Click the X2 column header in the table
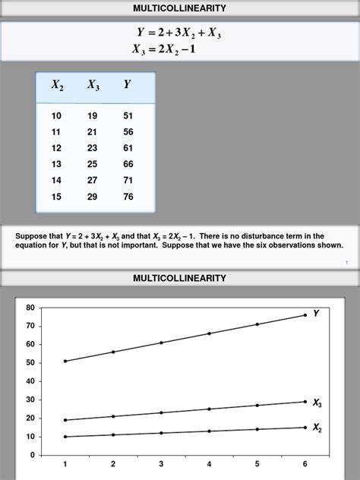pos(58,86)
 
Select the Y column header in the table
pos(128,85)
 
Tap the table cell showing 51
pos(128,116)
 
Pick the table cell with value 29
pos(93,197)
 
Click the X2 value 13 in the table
pos(57,164)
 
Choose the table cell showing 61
pos(128,148)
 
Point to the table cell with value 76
pos(128,197)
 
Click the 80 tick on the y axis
pos(30,308)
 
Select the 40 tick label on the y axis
pos(30,381)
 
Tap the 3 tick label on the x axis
pos(161,463)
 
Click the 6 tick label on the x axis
pos(305,463)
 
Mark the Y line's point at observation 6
pos(305,315)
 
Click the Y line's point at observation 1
pos(65,361)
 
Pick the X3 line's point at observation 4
pos(209,409)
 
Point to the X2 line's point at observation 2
pos(113,434)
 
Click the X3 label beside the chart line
pos(317,403)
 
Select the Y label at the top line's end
pos(316,313)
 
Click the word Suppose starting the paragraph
pos(30,236)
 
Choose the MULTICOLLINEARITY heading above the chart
pos(179,279)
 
